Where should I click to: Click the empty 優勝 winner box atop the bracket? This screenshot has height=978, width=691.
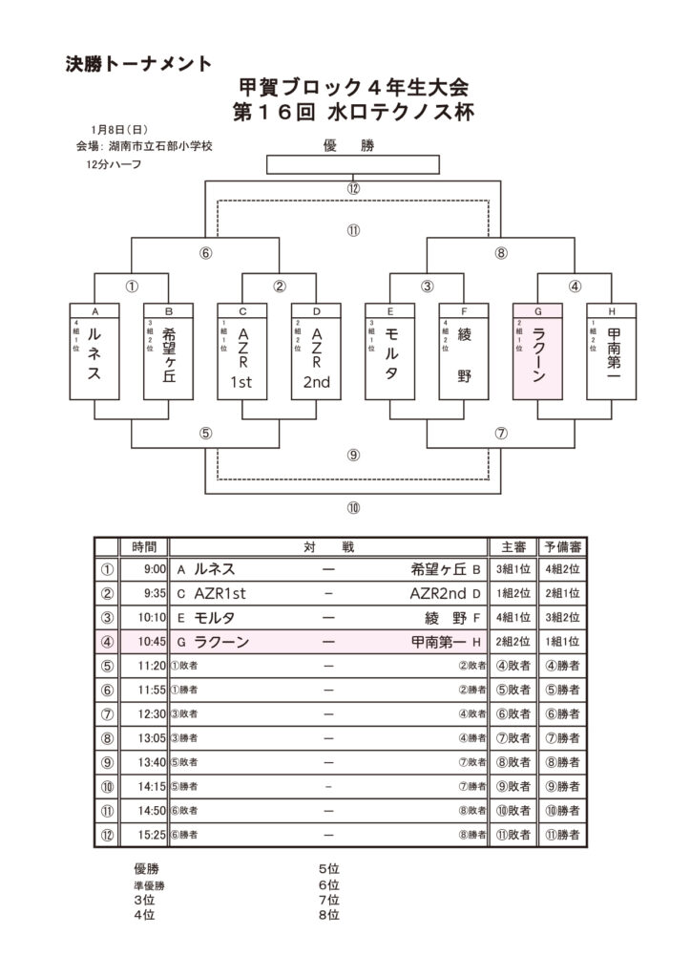click(353, 165)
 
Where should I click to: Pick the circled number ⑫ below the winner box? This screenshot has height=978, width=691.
click(353, 188)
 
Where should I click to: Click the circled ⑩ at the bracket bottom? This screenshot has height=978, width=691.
click(353, 506)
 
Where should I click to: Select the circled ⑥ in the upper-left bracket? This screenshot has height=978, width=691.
click(205, 254)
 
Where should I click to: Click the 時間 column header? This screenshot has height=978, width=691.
click(145, 546)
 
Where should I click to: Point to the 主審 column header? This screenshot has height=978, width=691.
click(507, 546)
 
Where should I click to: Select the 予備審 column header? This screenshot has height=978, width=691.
click(562, 546)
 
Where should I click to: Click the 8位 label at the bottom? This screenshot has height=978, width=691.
click(329, 915)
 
